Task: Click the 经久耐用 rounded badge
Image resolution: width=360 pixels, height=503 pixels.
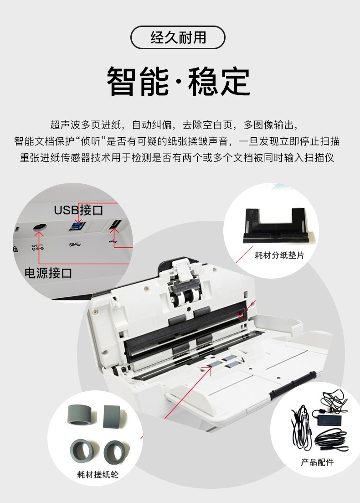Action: click(x=178, y=37)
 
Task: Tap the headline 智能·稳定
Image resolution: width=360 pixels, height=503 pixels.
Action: click(x=178, y=81)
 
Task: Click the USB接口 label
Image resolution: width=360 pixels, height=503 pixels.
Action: click(x=78, y=210)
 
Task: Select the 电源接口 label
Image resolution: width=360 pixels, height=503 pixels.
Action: click(x=48, y=273)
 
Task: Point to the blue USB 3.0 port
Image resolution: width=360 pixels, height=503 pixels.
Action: click(x=77, y=226)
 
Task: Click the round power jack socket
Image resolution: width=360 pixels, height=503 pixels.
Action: click(x=40, y=227)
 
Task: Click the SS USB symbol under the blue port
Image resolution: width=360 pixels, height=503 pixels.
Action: click(x=75, y=245)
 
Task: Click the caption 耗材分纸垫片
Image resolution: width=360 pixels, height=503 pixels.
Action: click(x=279, y=255)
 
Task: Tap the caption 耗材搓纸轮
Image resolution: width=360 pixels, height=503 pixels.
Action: click(x=98, y=474)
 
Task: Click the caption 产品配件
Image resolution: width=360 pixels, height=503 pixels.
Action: click(x=317, y=462)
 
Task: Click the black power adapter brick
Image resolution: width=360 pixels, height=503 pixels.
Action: click(x=330, y=416)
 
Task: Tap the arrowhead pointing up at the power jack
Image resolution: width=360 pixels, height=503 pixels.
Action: click(x=40, y=232)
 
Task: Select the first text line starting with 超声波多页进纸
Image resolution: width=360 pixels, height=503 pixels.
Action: click(x=175, y=125)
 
